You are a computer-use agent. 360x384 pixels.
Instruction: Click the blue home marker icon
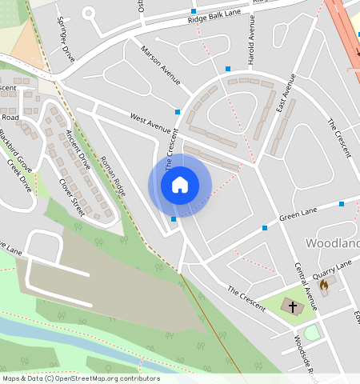[180, 185]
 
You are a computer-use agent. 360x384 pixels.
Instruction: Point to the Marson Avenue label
[161, 63]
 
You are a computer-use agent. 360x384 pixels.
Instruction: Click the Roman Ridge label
[113, 176]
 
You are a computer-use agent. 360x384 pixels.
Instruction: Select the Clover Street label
[72, 197]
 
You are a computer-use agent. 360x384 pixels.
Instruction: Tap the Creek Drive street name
[19, 176]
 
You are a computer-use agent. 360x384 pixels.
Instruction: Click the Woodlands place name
[332, 242]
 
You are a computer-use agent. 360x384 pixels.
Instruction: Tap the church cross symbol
[293, 306]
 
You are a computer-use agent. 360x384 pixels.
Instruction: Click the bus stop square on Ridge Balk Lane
[194, 11]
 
